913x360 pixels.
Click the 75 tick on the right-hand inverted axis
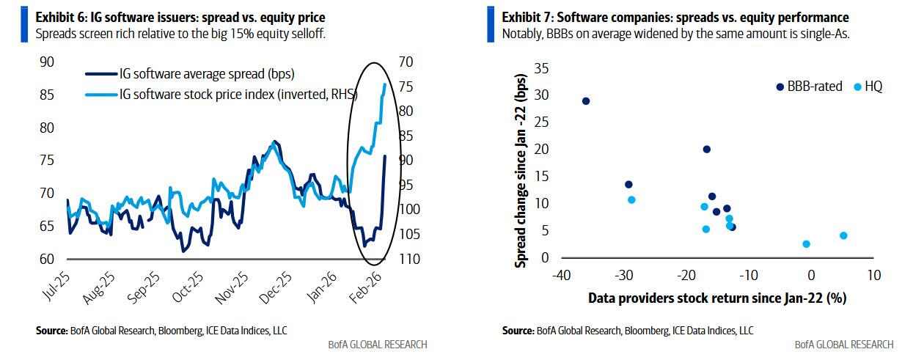click(406, 87)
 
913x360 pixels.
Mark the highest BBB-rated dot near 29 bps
click(586, 101)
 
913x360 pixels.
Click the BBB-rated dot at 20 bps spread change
click(707, 149)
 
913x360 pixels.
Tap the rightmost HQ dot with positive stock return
click(843, 235)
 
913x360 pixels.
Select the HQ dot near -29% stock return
click(631, 199)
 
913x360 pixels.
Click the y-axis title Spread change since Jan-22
click(521, 170)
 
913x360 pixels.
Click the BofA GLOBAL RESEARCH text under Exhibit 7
click(844, 345)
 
